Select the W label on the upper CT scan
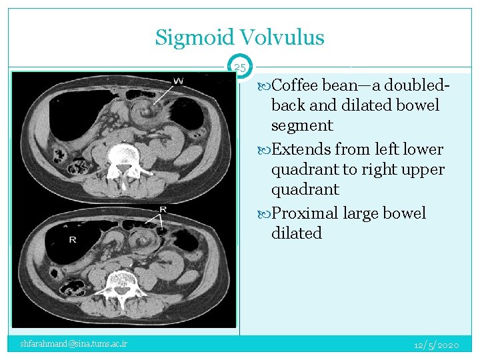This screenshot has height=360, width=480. point(179,81)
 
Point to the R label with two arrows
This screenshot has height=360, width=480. point(163,209)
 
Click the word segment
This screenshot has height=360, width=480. point(302,125)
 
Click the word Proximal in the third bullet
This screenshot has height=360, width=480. point(304,213)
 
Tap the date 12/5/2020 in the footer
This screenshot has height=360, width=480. point(436,345)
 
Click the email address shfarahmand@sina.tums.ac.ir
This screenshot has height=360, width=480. point(74,344)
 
